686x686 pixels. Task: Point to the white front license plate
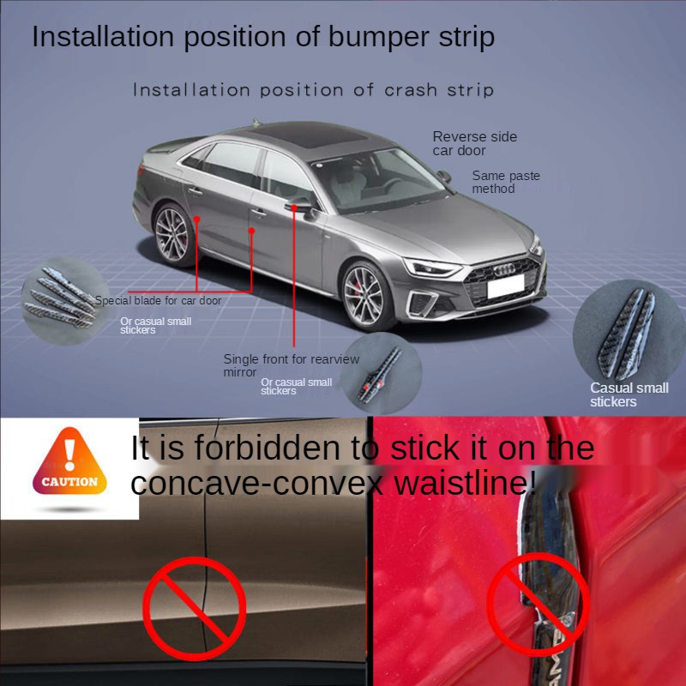pyautogui.click(x=505, y=287)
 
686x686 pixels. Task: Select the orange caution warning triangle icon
pyautogui.click(x=70, y=459)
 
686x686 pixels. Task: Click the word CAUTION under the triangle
pyautogui.click(x=69, y=482)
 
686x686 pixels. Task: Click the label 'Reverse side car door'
pyautogui.click(x=474, y=143)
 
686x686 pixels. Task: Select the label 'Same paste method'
pyautogui.click(x=506, y=182)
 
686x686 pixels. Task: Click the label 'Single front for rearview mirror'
pyautogui.click(x=291, y=365)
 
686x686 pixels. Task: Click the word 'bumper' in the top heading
pyautogui.click(x=359, y=37)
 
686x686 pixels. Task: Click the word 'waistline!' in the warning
pyautogui.click(x=464, y=484)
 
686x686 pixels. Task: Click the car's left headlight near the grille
pyautogui.click(x=431, y=267)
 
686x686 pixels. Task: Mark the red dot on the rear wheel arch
pyautogui.click(x=197, y=219)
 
